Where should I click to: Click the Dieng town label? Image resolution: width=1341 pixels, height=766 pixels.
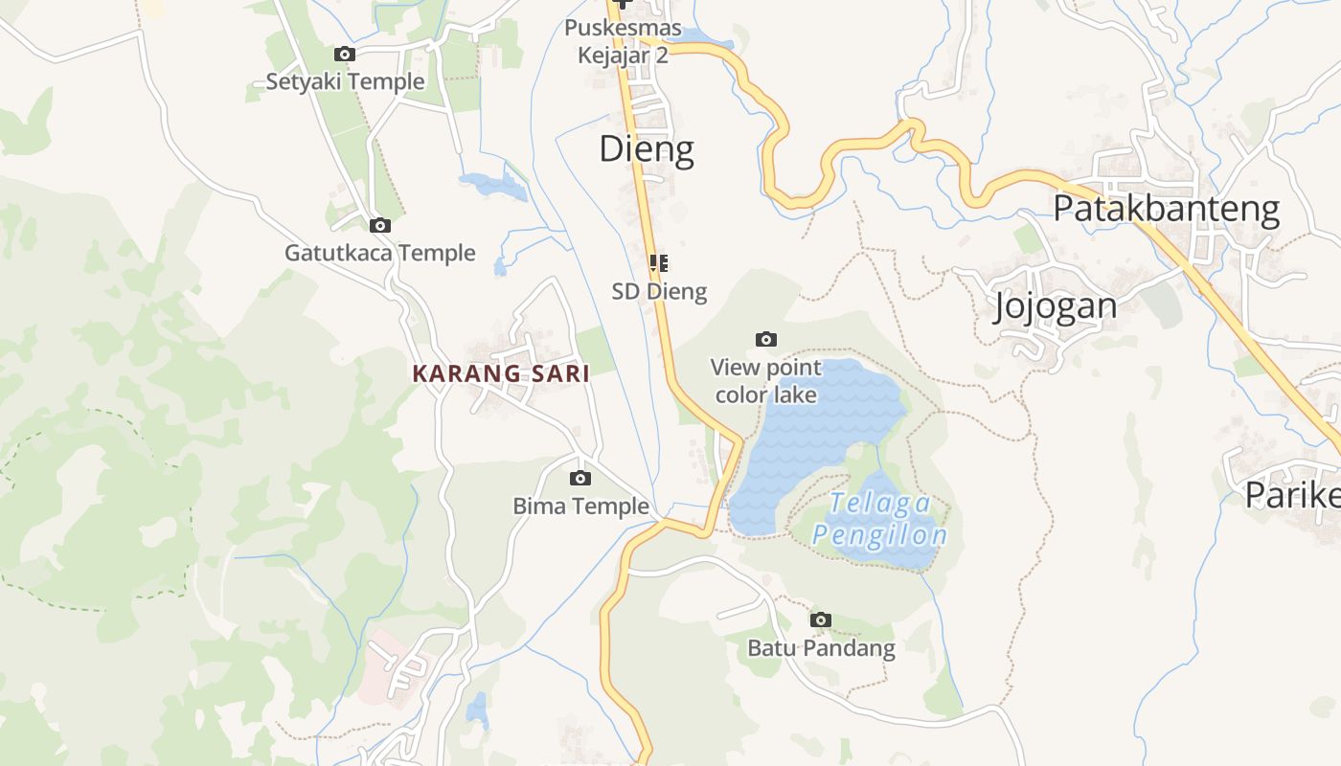tap(647, 149)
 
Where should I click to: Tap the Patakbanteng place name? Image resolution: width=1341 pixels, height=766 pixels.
tap(1166, 209)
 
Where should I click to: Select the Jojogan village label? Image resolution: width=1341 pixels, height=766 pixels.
tap(1056, 306)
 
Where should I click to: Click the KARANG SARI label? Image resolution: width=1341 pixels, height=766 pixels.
tap(501, 374)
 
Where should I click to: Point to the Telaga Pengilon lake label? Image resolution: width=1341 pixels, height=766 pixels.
tap(879, 519)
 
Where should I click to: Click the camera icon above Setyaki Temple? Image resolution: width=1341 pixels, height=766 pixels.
tap(344, 55)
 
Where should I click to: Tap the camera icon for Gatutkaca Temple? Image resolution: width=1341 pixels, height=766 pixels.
tap(380, 226)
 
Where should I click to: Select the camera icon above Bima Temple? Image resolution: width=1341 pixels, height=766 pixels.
tap(580, 479)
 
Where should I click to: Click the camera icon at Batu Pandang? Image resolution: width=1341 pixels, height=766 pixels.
tap(820, 620)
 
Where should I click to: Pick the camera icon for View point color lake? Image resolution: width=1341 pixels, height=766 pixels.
tap(765, 339)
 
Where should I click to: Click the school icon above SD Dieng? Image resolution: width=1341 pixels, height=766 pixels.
tap(659, 263)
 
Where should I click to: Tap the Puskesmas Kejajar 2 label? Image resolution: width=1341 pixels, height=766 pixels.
tap(623, 41)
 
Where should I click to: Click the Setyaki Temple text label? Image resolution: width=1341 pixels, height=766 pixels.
tap(345, 82)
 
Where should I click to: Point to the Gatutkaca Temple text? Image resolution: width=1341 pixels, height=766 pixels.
tap(380, 254)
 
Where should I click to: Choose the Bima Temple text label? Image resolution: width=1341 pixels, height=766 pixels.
tap(580, 507)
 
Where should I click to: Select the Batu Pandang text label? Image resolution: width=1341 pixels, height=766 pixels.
tap(821, 648)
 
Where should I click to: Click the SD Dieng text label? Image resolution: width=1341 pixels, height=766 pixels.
tap(659, 292)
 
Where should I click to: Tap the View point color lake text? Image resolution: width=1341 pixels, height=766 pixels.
tap(765, 381)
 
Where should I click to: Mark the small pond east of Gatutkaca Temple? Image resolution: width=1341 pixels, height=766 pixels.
tap(494, 184)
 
